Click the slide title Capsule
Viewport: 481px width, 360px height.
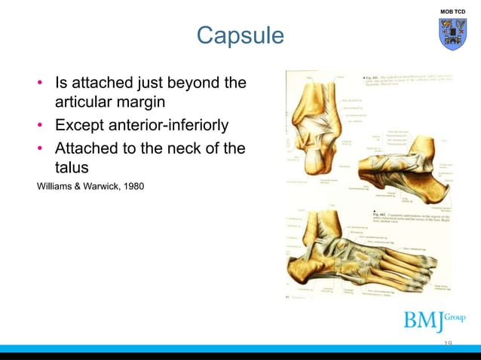tap(240, 35)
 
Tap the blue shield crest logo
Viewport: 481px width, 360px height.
tap(452, 34)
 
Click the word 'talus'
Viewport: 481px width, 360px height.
tap(72, 169)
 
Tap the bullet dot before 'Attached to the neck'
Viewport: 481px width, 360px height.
tap(41, 149)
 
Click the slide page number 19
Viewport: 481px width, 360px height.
tap(448, 344)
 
